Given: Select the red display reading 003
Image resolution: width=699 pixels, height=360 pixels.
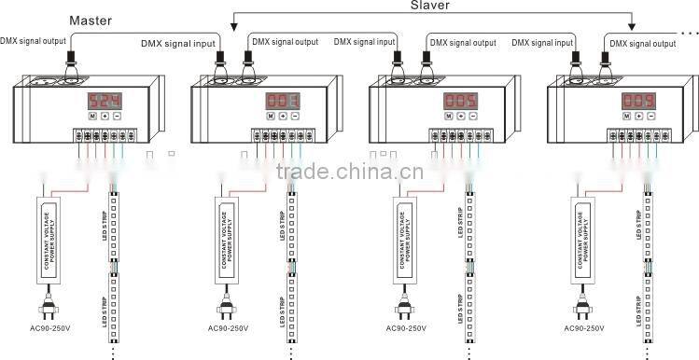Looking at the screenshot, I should pyautogui.click(x=281, y=99).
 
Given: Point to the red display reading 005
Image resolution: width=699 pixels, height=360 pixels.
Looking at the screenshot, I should pyautogui.click(x=460, y=99).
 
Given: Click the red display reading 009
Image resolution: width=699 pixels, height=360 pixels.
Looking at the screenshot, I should pyautogui.click(x=639, y=99).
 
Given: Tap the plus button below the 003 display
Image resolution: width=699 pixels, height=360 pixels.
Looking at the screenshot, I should pyautogui.click(x=283, y=117).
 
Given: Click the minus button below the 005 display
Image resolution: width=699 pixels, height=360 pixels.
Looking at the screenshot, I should pyautogui.click(x=474, y=117).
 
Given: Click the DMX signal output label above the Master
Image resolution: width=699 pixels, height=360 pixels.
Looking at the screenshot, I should pyautogui.click(x=34, y=39).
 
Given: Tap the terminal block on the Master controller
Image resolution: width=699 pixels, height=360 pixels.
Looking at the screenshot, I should pyautogui.click(x=101, y=134).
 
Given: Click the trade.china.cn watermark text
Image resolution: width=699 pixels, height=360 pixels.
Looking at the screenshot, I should pyautogui.click(x=350, y=172).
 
